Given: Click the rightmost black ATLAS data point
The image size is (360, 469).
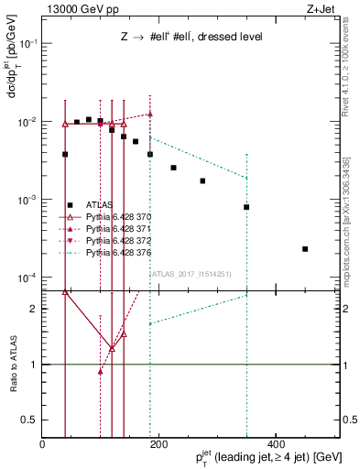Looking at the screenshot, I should point(305,248).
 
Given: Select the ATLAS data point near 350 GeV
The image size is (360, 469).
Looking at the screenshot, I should point(246,207).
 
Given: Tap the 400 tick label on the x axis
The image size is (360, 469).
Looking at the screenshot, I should point(276,444).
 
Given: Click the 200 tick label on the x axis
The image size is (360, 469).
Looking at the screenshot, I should point(158,444).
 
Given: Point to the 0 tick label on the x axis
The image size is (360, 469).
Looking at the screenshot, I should point(42,444).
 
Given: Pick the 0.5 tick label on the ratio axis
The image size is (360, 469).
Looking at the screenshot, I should point(30,420).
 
